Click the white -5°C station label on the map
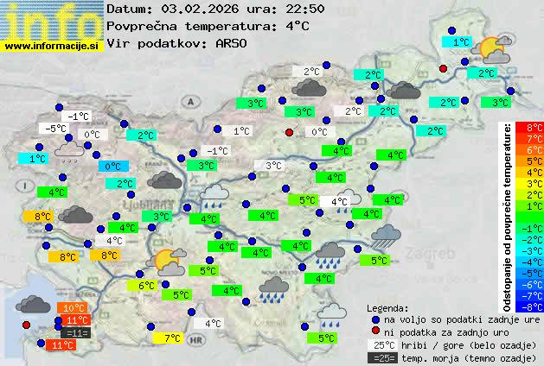pyautogui.click(x=56, y=129)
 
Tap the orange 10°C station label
pyautogui.click(x=73, y=307)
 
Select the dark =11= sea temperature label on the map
pyautogui.click(x=75, y=332)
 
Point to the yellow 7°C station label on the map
pyautogui.click(x=172, y=338)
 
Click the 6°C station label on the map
pyautogui.click(x=145, y=285)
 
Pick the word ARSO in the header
pyautogui.click(x=234, y=42)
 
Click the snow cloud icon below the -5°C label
pyautogui.click(x=70, y=152)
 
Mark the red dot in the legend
pyautogui.click(x=376, y=331)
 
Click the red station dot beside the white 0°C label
pyautogui.click(x=290, y=132)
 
